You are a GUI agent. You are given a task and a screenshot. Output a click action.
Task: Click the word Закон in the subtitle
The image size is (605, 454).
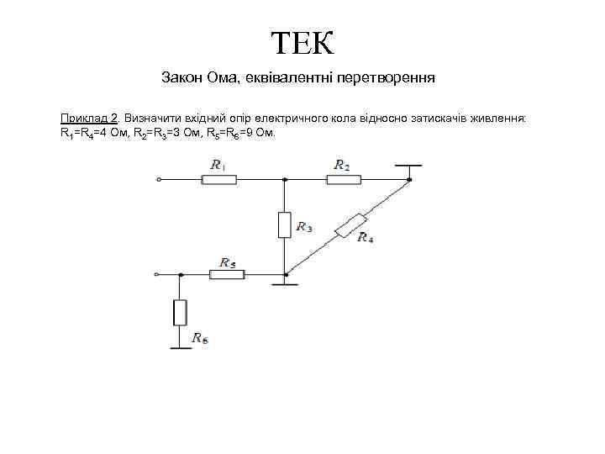[x=182, y=78]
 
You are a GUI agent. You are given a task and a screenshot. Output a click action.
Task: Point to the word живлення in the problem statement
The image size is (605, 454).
[x=498, y=119]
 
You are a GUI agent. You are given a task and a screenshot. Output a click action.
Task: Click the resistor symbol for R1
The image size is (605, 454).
[x=219, y=179]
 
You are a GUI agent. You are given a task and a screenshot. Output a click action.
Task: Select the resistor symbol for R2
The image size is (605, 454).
[x=343, y=179]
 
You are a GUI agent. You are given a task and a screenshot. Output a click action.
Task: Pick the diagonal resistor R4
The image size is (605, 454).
[x=350, y=226]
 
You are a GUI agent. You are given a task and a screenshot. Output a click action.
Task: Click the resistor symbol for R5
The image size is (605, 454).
[x=225, y=274]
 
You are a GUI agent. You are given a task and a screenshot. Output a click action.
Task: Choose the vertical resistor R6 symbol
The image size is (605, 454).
[x=179, y=312]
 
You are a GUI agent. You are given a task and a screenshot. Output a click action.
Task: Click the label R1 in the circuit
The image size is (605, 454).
[x=218, y=166]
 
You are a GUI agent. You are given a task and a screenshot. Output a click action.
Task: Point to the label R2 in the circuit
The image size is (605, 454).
[x=342, y=166]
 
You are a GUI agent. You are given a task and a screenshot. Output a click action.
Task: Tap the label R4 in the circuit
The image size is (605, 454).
[x=366, y=239]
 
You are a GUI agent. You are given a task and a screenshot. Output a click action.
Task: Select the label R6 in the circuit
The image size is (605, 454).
[x=200, y=338]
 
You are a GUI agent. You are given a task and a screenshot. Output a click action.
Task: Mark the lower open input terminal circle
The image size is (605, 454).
[x=156, y=274]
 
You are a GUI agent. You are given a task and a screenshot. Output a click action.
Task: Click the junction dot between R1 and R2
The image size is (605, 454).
[x=285, y=179]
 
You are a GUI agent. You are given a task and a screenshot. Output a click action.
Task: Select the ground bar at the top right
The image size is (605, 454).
[x=409, y=166]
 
